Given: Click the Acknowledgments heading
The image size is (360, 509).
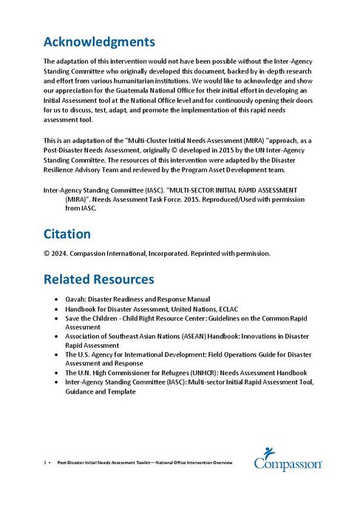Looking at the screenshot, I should (99, 41).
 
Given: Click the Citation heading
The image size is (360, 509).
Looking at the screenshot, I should (67, 234).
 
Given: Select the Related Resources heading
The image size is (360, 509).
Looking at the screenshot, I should (98, 280).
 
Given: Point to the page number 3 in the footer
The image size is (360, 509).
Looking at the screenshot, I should (45, 463).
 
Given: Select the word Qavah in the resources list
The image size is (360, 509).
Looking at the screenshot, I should (75, 299).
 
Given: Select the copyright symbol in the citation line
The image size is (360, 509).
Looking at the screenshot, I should (46, 254).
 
